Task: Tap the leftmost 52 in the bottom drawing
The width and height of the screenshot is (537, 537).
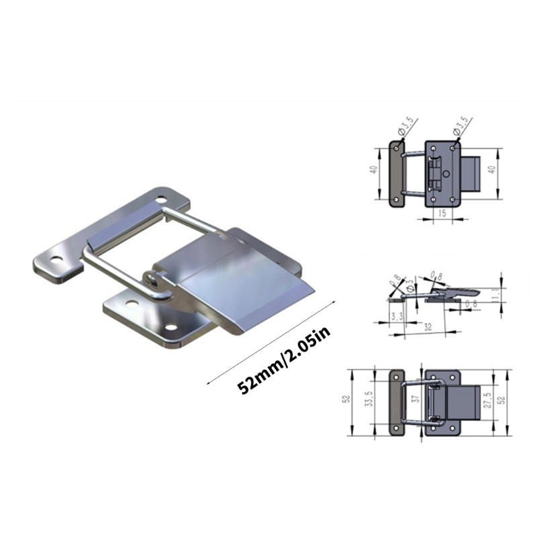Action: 346,399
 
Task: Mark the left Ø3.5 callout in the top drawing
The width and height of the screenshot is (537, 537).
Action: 407,127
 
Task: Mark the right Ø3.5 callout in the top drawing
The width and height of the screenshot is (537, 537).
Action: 462,127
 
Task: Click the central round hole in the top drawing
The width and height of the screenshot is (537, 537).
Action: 446,173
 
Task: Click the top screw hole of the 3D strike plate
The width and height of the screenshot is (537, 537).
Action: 161,199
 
